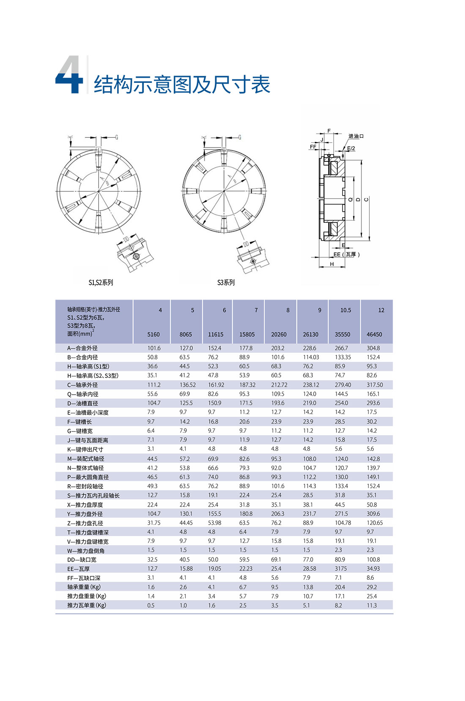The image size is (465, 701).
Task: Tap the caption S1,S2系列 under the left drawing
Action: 101,283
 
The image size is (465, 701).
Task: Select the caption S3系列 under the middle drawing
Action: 226,283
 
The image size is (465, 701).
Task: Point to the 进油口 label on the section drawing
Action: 356,136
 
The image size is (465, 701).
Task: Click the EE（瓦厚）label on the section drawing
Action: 346,254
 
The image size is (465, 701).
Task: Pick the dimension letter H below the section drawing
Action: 332,264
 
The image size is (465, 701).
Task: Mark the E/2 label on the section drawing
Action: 351,148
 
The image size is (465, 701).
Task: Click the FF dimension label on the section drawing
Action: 313,147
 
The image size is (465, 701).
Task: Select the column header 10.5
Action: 345,310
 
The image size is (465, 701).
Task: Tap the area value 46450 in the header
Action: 374,334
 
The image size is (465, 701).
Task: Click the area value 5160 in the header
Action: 153,334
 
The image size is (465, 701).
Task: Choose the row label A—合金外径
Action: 82,348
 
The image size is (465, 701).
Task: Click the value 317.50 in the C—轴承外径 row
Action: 375,385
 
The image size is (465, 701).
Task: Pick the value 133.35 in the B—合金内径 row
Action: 343,357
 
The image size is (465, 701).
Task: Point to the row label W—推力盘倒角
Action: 86,551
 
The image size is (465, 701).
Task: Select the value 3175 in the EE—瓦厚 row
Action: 341,569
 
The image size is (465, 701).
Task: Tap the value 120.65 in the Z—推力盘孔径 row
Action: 375,523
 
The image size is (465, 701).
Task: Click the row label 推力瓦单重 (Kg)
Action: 87,606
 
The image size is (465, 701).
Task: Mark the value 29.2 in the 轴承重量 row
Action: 372,587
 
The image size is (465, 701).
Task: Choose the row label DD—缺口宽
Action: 82,560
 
